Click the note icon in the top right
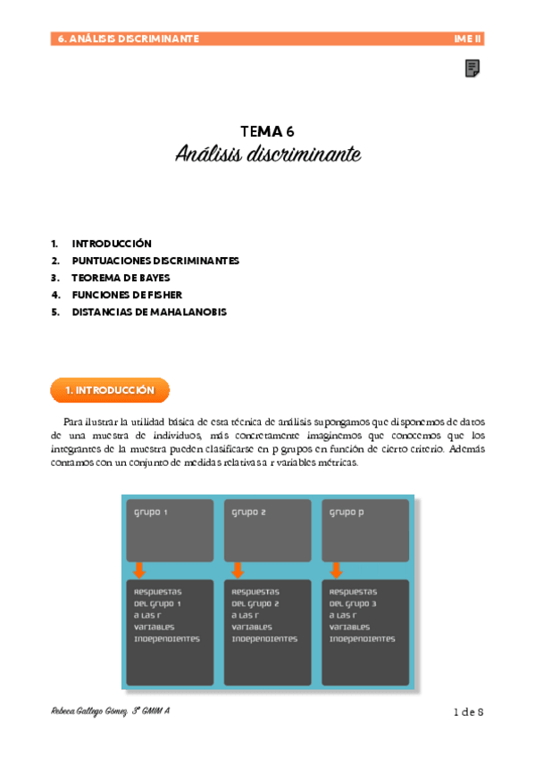tap(472, 69)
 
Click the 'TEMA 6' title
tap(267, 131)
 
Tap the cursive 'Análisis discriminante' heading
tap(267, 154)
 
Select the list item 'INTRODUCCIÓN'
tap(112, 244)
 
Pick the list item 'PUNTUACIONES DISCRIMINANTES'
tap(155, 261)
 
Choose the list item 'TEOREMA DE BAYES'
tap(121, 278)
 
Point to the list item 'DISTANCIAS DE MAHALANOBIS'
tap(149, 312)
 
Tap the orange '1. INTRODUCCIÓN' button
tap(110, 391)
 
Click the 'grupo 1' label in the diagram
tap(151, 512)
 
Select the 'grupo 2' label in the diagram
tap(249, 512)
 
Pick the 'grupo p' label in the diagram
tap(347, 512)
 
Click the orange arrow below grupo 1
tap(138, 570)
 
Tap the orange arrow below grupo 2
tap(238, 570)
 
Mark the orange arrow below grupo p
tap(336, 570)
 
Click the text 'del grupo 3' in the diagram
tap(356, 603)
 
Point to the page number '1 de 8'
tap(468, 711)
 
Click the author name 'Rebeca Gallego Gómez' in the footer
tap(89, 711)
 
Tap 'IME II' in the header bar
tap(468, 39)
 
